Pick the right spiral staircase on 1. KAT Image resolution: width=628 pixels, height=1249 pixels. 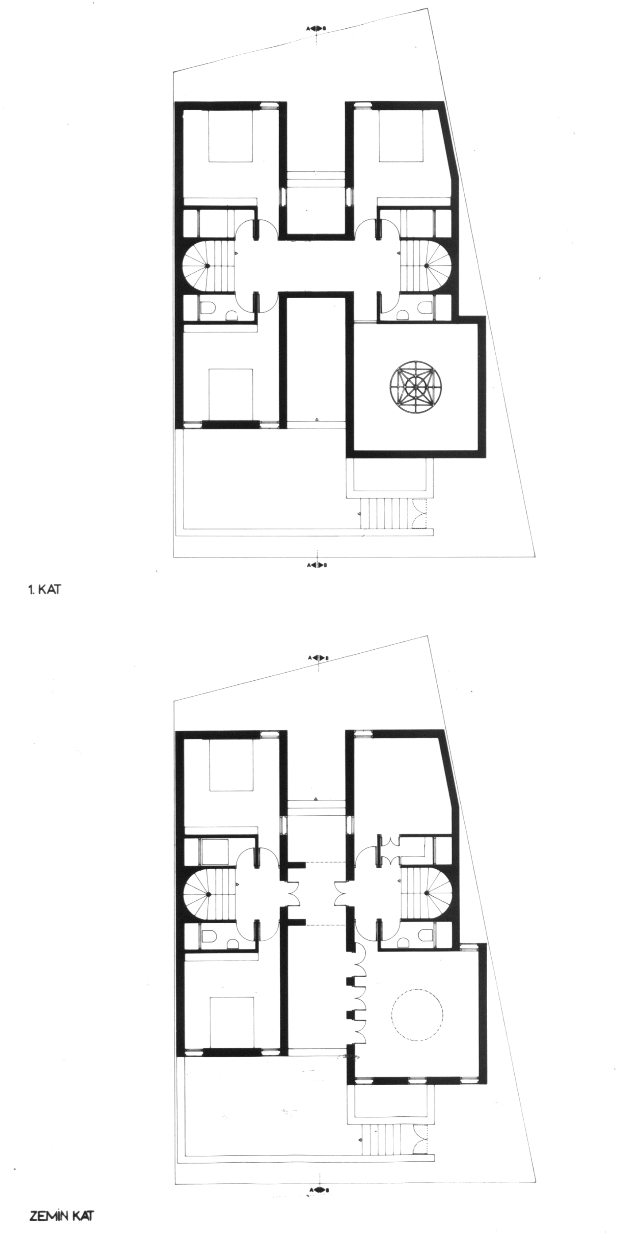pos(426,265)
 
